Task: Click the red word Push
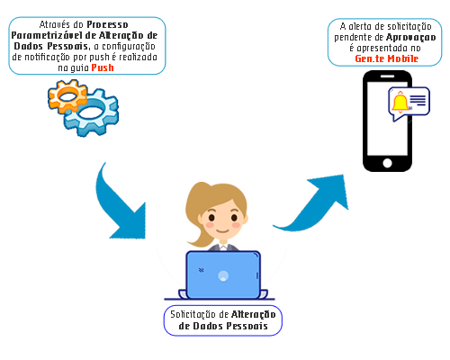coord(103,67)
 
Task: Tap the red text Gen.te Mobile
coord(386,58)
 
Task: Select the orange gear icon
coord(67,96)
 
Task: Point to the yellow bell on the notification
coord(400,102)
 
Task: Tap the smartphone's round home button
coord(387,163)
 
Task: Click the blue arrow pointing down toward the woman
coord(120,204)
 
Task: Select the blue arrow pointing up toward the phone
coord(312,204)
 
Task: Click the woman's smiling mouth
coord(222,231)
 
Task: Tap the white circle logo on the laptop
coord(223,275)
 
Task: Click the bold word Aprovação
coord(410,37)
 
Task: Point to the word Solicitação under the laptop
coord(193,314)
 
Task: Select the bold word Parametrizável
coord(47,35)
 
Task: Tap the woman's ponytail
coord(195,216)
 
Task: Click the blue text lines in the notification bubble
coord(418,100)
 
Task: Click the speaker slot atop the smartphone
coord(387,76)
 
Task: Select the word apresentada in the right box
coord(382,48)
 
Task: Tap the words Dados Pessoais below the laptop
coord(223,326)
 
